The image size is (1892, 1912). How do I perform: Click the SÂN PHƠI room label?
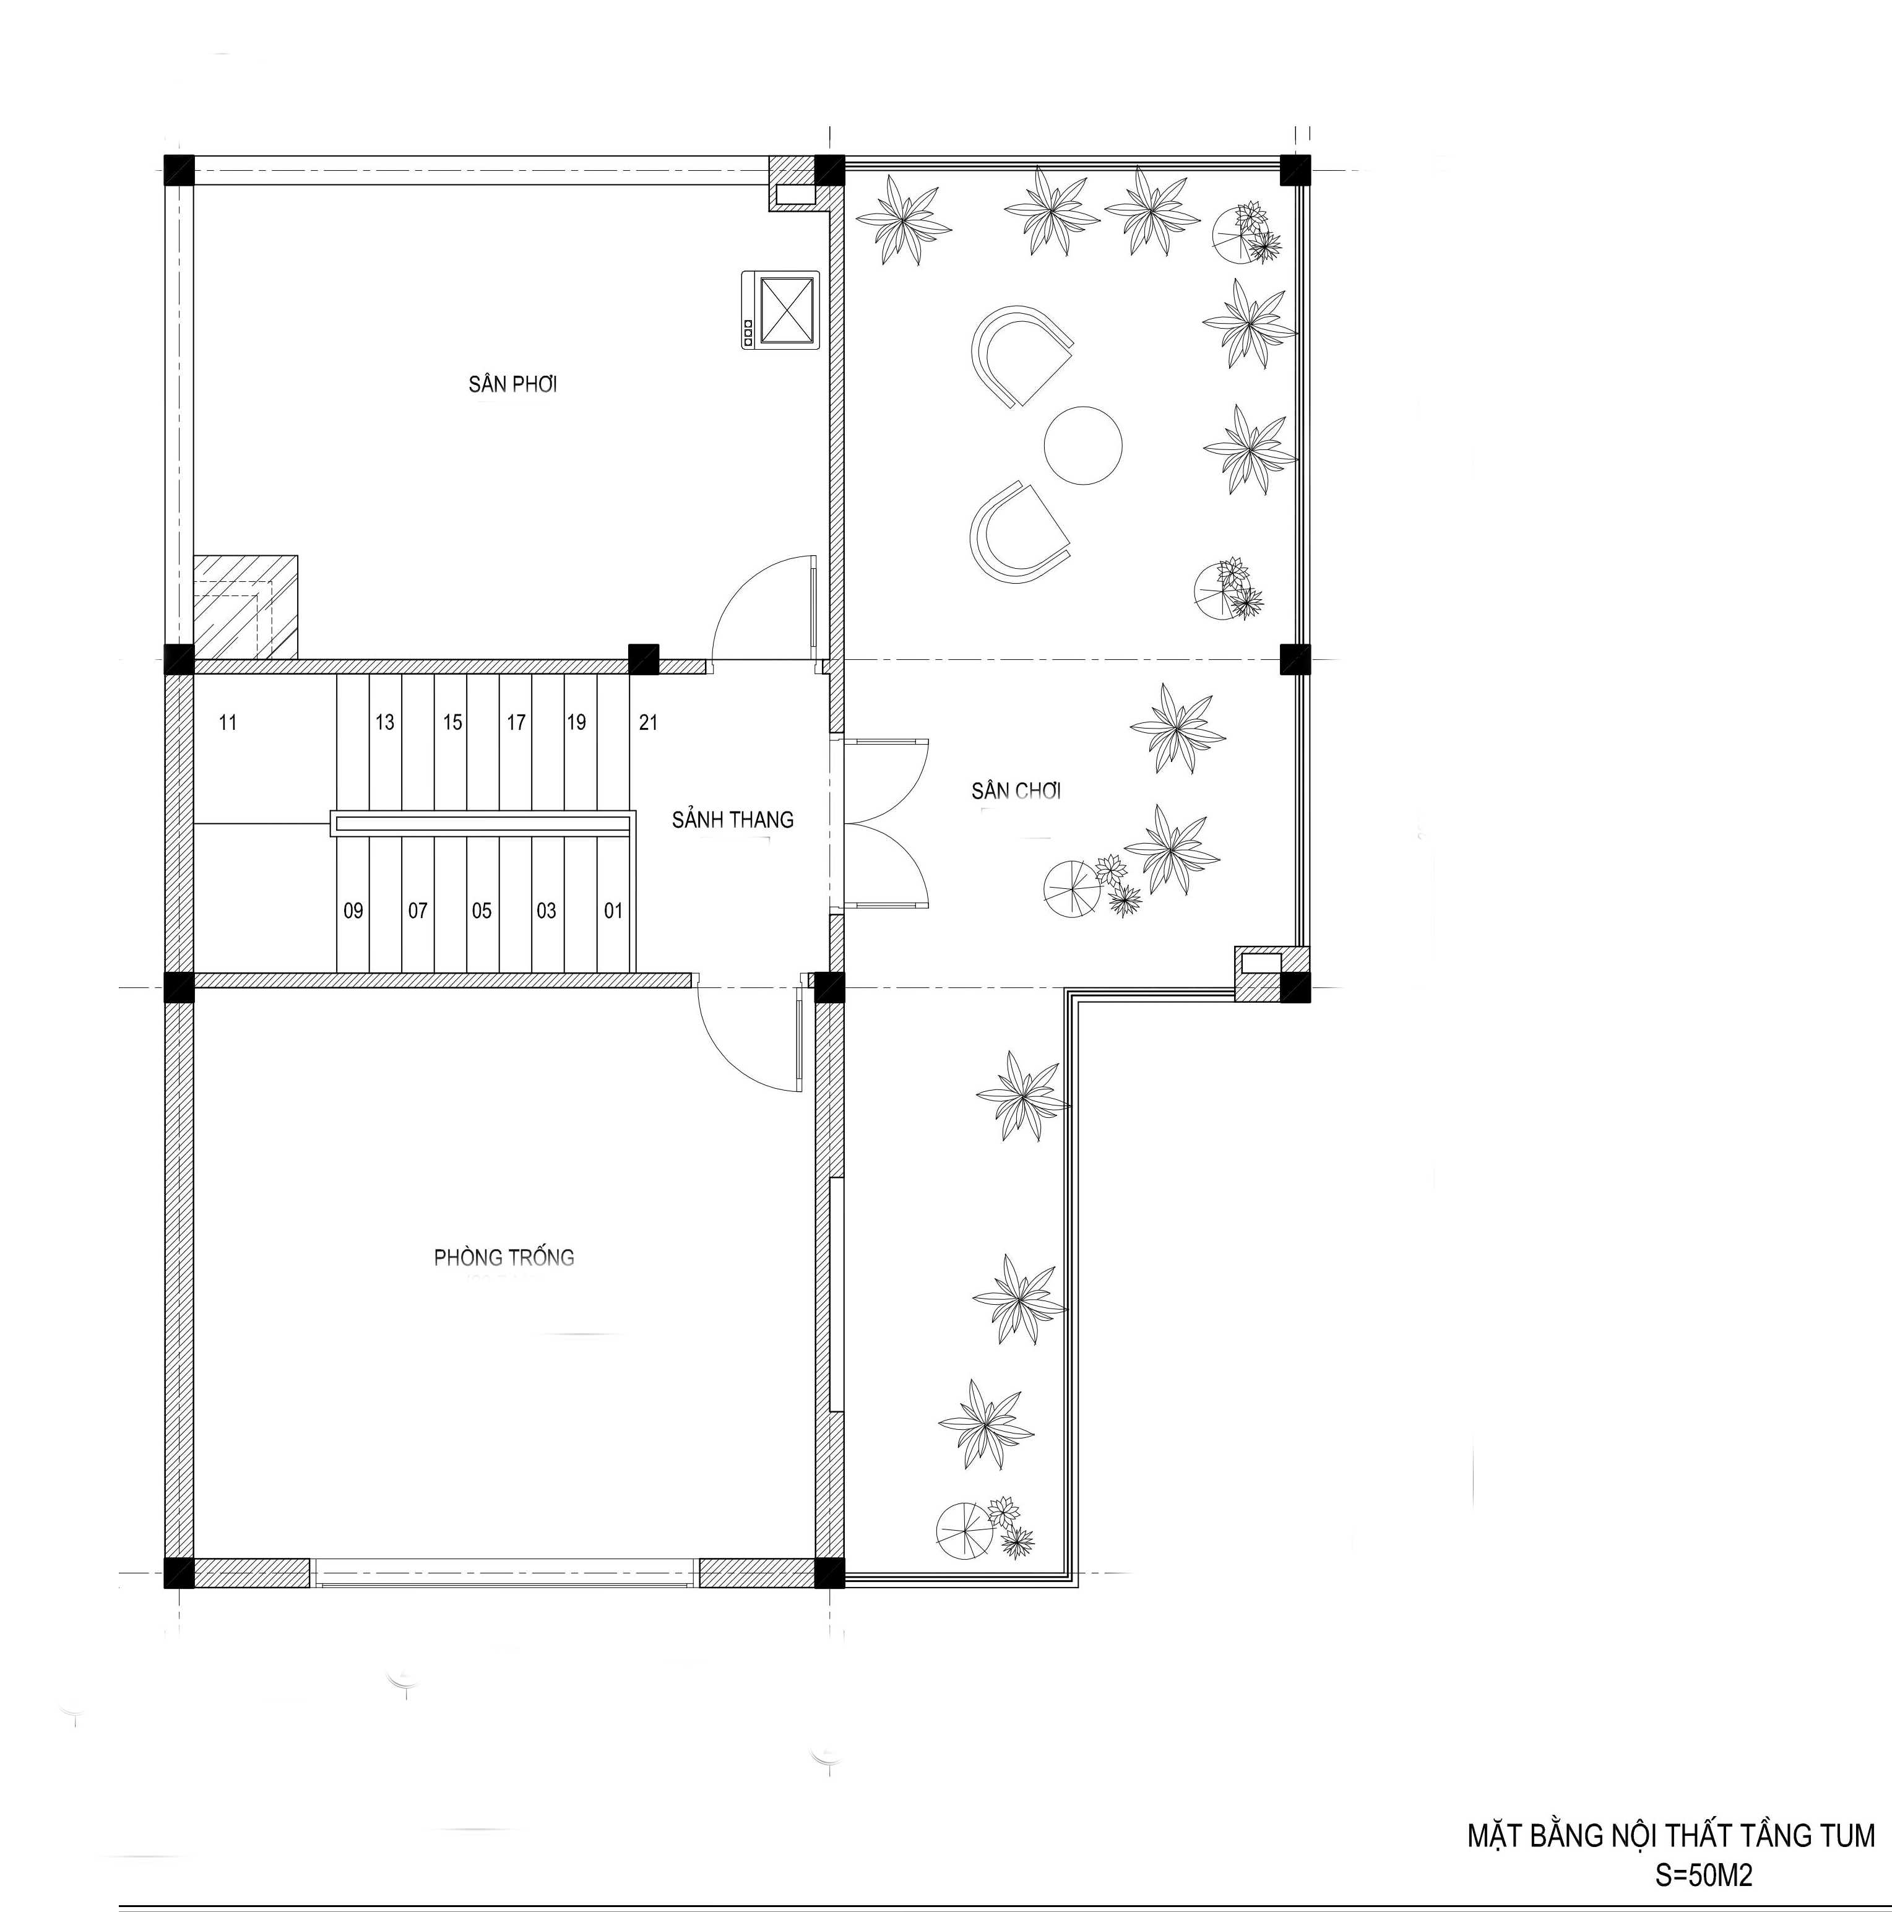point(512,384)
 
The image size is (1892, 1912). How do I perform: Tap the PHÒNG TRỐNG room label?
point(504,1257)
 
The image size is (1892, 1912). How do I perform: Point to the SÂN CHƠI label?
point(1016,790)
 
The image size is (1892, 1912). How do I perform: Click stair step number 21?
point(648,722)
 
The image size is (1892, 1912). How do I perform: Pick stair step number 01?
point(613,911)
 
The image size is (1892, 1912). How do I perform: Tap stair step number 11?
point(228,722)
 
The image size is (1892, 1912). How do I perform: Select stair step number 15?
point(452,722)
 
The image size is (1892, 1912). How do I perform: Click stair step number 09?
point(353,911)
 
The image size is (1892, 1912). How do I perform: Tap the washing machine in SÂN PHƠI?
point(780,309)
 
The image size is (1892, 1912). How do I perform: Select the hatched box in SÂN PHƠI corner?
point(246,607)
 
